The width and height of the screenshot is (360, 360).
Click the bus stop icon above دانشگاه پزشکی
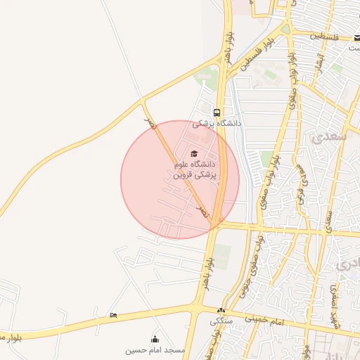[217, 112]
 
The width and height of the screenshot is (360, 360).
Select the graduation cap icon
[194, 154]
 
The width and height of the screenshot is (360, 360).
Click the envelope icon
[357, 37]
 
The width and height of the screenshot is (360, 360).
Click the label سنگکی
[220, 321]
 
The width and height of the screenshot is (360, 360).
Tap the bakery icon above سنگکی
[221, 311]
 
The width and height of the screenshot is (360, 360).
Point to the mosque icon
[155, 340]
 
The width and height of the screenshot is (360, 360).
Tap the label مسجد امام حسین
[155, 349]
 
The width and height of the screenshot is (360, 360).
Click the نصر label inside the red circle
[203, 210]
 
